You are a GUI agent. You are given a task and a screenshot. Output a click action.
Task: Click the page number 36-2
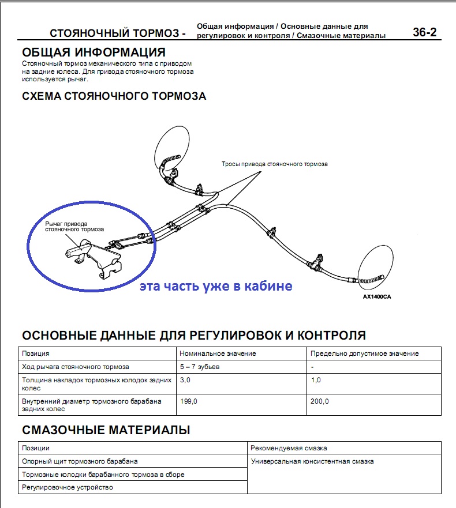click(x=425, y=32)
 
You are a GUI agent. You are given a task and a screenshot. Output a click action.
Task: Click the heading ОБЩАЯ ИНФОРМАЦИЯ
click(x=94, y=52)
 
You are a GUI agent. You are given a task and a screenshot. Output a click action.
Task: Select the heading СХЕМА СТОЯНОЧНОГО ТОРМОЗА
click(x=114, y=96)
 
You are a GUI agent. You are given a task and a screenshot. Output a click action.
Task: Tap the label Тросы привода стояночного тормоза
click(x=275, y=164)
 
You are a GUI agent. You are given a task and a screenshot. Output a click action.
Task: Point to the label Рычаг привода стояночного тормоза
click(x=74, y=226)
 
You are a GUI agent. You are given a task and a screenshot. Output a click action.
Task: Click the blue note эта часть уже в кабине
click(x=216, y=285)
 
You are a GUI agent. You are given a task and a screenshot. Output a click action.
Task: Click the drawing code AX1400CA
click(x=377, y=298)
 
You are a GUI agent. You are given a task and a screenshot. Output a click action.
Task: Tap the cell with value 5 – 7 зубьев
click(x=200, y=367)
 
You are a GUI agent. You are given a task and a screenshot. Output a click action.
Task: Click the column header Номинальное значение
click(x=218, y=353)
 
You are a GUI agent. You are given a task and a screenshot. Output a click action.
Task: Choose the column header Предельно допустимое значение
click(x=364, y=353)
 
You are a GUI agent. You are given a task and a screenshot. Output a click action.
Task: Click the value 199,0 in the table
click(x=189, y=401)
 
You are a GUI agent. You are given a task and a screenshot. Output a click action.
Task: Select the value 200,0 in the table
click(x=319, y=401)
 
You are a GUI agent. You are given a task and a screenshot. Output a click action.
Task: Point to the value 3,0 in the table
click(x=185, y=381)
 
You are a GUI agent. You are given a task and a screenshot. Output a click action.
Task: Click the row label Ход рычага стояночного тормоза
click(x=76, y=367)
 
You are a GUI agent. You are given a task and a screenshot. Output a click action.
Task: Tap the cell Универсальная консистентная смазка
click(x=312, y=461)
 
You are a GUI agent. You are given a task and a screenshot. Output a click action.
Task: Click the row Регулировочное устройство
click(x=68, y=487)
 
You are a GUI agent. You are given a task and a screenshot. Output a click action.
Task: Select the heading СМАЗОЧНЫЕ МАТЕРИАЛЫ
click(x=106, y=430)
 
